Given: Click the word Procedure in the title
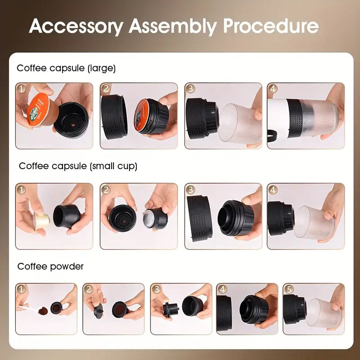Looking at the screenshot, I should (x=271, y=27).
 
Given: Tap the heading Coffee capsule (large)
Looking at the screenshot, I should (x=66, y=68).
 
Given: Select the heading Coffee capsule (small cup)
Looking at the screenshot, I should (x=78, y=166).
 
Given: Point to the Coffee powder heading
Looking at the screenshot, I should (x=50, y=266).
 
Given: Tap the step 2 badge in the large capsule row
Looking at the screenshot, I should (x=106, y=88).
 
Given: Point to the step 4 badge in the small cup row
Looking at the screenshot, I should (x=273, y=189).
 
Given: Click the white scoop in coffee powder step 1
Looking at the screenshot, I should (x=23, y=307).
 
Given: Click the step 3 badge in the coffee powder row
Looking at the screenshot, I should (x=156, y=289).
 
